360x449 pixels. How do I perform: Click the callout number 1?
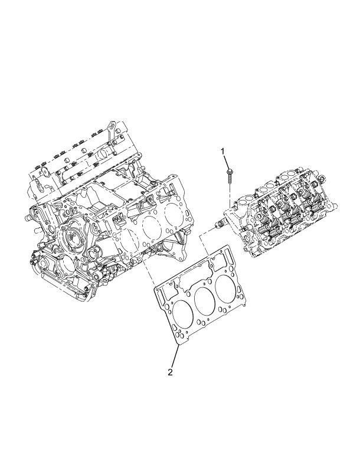pos(223,151)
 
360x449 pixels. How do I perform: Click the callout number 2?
pos(170,372)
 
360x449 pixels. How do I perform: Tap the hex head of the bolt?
pos(230,172)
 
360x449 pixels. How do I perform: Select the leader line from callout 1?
pos(227,162)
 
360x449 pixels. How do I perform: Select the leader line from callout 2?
pos(175,355)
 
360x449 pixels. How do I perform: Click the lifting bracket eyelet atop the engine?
pos(112,126)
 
